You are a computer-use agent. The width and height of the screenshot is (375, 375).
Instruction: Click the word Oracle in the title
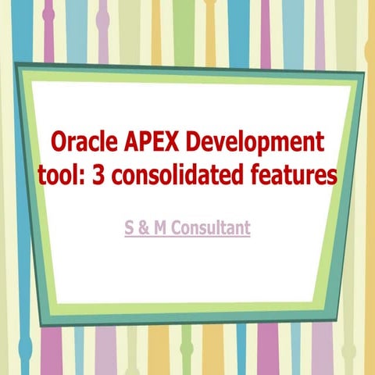tap(84, 144)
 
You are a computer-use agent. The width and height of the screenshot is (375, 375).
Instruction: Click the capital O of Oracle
tap(59, 144)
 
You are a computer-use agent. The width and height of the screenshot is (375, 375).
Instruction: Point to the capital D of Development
tap(194, 144)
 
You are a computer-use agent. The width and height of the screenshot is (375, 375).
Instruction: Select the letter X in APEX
tap(173, 144)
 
